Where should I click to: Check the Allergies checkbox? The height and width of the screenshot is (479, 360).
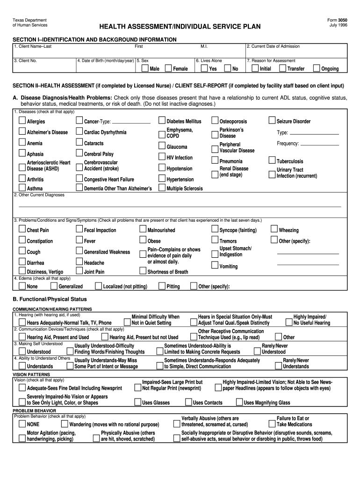point(22,121)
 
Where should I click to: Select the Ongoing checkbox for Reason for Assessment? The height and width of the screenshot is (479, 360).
point(317,68)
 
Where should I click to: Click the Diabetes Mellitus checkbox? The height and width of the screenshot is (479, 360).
point(162,121)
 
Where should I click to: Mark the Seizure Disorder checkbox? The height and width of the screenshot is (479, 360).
point(272,121)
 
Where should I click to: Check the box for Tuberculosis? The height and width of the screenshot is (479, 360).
point(272,160)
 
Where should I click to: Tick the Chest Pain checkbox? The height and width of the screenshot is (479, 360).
point(22,230)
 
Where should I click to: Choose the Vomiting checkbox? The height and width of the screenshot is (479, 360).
point(215,266)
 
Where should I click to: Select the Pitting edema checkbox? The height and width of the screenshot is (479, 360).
point(162,286)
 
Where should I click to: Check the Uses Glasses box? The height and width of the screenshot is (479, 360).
point(137,402)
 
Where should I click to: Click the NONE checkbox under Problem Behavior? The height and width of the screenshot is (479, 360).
point(22,424)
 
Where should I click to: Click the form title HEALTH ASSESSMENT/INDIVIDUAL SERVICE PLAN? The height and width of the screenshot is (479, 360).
point(180,27)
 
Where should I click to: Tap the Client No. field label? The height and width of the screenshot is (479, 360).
point(26,60)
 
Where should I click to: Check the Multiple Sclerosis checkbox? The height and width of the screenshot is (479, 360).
point(162,188)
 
